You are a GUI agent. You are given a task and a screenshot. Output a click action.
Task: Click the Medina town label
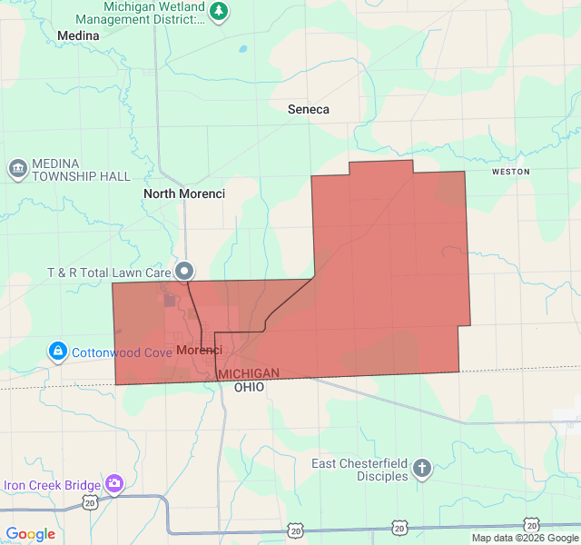[x=78, y=35]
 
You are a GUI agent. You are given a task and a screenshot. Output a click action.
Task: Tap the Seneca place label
[x=309, y=109]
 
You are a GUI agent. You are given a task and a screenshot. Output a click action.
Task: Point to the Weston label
[x=509, y=171]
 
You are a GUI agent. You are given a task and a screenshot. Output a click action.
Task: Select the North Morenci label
[x=184, y=193]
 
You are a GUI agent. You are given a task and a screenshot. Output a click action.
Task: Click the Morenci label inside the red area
[x=199, y=350]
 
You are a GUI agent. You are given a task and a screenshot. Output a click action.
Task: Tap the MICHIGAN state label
[x=249, y=374]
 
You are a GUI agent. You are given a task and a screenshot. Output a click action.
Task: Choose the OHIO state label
[x=249, y=387]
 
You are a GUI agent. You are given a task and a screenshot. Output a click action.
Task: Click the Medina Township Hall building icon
[x=17, y=169]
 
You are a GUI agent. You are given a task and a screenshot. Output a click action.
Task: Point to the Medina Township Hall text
[x=82, y=170]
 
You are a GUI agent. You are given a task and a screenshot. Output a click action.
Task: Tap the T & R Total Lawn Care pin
[x=185, y=271]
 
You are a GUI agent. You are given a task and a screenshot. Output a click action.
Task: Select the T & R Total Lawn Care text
[x=110, y=272]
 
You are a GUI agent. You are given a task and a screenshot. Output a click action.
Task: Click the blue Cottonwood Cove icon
[x=57, y=351]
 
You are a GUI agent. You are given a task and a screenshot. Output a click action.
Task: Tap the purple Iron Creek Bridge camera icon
[x=114, y=483]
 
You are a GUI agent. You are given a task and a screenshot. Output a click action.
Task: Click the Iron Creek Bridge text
[x=52, y=484]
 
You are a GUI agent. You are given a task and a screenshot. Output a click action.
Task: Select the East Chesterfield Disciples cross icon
[x=421, y=469]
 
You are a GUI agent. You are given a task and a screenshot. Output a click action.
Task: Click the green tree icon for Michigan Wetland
[x=219, y=12]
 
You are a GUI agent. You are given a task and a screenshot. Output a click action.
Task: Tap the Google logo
[x=30, y=534]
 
